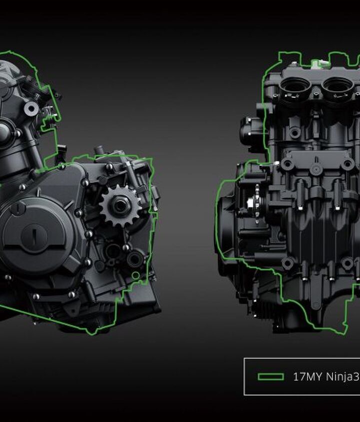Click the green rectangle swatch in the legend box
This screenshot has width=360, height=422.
pyautogui.click(x=270, y=377)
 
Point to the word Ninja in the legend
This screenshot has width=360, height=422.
pyautogui.click(x=339, y=377)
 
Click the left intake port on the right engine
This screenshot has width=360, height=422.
pyautogui.click(x=295, y=87)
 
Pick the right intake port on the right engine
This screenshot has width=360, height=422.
pyautogui.click(x=337, y=87)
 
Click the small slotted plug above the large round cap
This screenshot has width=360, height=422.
pyautogui.click(x=17, y=208)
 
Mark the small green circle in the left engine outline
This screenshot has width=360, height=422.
pyautogui.click(x=135, y=275)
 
